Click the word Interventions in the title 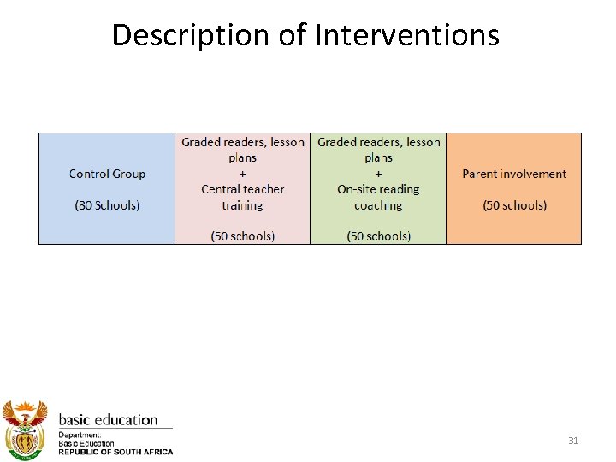coord(407,35)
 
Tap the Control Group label coord(107,174)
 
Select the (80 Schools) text coord(107,205)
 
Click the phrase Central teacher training coord(242,198)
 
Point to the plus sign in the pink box coord(242,174)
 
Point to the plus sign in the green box coord(378,174)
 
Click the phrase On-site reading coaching coord(378,198)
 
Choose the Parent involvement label coord(514,174)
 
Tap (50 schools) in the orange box coord(514,205)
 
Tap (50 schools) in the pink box coord(242,236)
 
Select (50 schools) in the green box coord(378,236)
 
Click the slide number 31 coord(573,441)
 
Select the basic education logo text coord(108,420)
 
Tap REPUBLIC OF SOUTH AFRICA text coord(115,452)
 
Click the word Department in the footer coord(79,435)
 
